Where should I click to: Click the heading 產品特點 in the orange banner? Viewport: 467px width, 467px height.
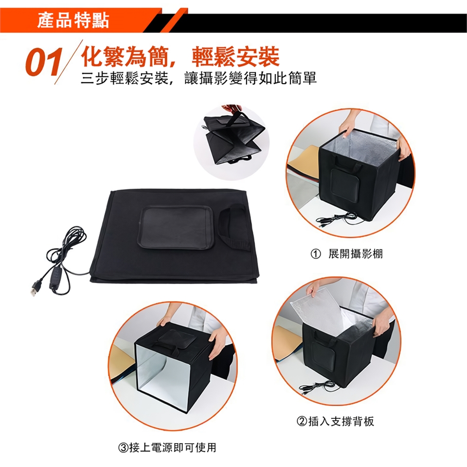73,20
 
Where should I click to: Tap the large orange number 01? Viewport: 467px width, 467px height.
44,62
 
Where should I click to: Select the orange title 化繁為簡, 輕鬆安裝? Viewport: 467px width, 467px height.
180,56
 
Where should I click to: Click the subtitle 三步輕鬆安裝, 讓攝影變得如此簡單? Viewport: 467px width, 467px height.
198,78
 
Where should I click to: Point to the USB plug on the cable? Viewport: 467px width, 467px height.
35,287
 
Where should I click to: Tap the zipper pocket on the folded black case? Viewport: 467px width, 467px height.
176,227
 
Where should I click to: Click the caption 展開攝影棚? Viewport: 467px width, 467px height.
356,254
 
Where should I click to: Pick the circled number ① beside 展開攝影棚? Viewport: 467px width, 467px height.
316,254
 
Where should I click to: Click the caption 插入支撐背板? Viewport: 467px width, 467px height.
341,421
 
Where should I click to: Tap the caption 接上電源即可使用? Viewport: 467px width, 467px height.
173,448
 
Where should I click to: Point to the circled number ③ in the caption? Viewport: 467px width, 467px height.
124,448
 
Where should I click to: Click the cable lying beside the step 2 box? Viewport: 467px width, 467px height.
319,387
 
